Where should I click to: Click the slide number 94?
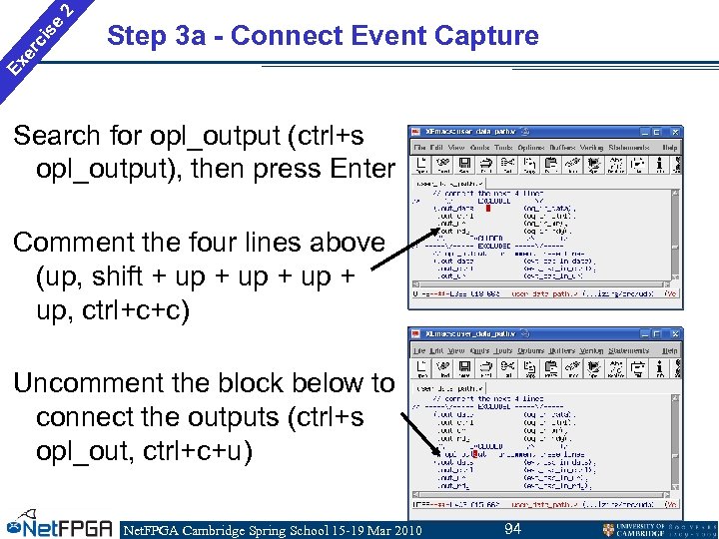(x=512, y=528)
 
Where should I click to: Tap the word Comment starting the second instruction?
(x=81, y=243)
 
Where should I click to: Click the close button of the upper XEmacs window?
(x=675, y=132)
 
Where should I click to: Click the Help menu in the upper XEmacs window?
(x=669, y=147)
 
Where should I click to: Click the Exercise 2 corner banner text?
(x=40, y=38)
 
